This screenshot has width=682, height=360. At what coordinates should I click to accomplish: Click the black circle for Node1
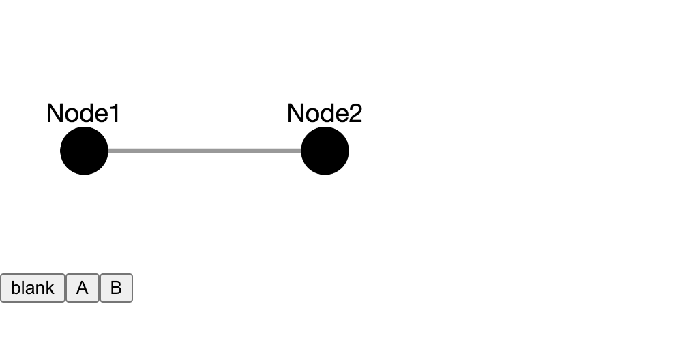click(x=84, y=151)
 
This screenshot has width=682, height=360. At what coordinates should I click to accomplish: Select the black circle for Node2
click(x=325, y=151)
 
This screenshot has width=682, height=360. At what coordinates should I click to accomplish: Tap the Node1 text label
click(x=83, y=114)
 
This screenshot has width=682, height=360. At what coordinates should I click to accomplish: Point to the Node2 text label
click(x=325, y=114)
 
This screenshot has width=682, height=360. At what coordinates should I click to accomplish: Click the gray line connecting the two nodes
click(x=205, y=151)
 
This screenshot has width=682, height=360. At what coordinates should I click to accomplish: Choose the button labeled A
click(x=83, y=288)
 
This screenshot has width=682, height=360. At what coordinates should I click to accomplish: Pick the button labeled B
click(x=116, y=288)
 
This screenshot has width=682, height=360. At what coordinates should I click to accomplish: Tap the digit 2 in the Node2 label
click(x=355, y=114)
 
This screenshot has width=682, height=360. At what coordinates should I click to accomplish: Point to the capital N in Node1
click(x=55, y=114)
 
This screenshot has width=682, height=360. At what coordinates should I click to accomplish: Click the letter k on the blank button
click(x=50, y=288)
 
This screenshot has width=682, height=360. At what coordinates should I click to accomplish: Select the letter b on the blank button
click(x=15, y=288)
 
